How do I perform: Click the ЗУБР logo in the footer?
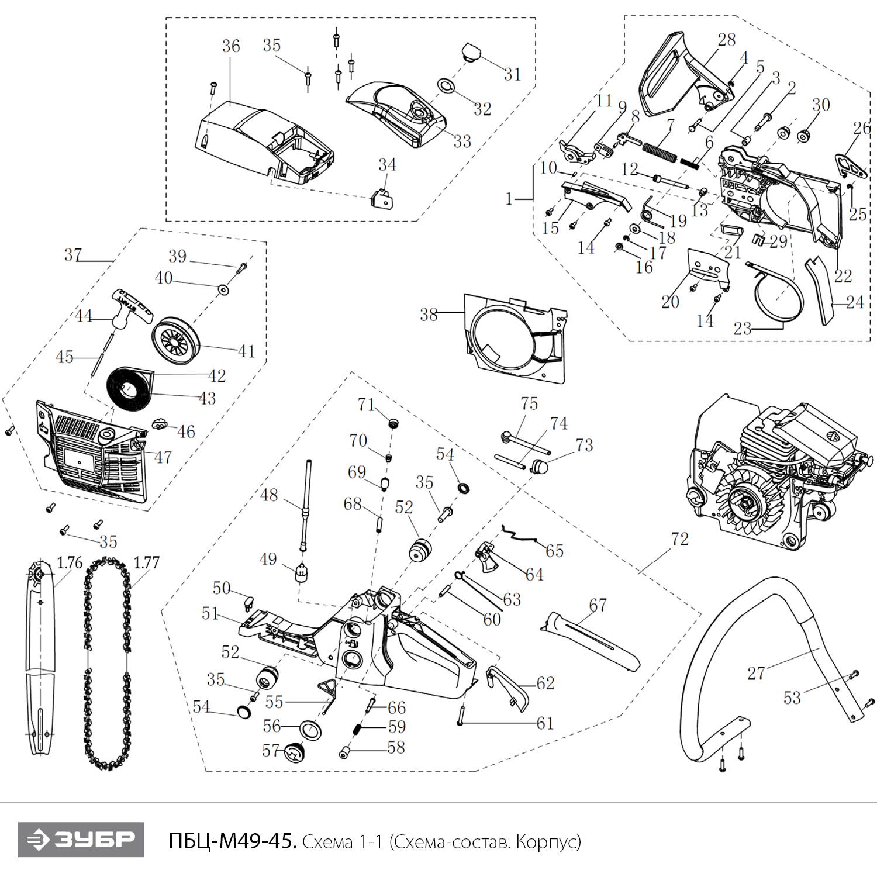[81, 840]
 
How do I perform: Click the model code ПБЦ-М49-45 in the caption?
[233, 841]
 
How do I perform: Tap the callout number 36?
[231, 46]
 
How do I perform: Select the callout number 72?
[680, 538]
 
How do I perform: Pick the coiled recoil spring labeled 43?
[128, 386]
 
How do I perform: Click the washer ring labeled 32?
[447, 85]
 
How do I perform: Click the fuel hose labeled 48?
[306, 503]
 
